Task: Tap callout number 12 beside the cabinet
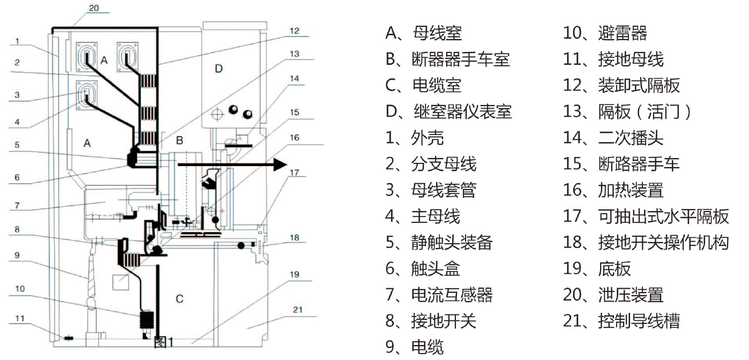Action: point(294,31)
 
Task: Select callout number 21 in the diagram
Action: point(297,310)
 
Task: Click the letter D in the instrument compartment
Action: point(218,69)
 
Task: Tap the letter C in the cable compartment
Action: point(180,298)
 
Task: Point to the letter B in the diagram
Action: point(180,140)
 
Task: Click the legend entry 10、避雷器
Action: point(605,33)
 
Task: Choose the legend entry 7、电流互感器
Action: point(439,295)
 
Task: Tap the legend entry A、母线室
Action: point(423,33)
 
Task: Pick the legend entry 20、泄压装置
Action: point(613,295)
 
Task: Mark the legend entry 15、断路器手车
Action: point(621,164)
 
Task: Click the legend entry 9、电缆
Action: point(415,347)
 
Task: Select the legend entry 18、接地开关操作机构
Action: point(646,242)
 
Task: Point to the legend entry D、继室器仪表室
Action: point(448,111)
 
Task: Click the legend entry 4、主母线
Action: point(423,216)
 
